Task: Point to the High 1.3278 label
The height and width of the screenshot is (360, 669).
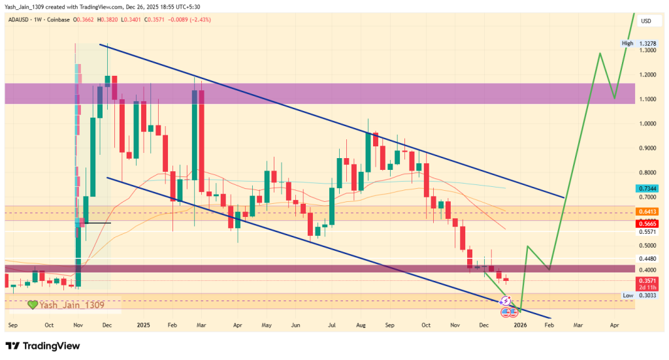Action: (637, 43)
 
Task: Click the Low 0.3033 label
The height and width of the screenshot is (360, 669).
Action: (637, 295)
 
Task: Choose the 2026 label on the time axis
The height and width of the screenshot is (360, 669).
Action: (520, 324)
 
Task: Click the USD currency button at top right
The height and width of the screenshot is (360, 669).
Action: (646, 21)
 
